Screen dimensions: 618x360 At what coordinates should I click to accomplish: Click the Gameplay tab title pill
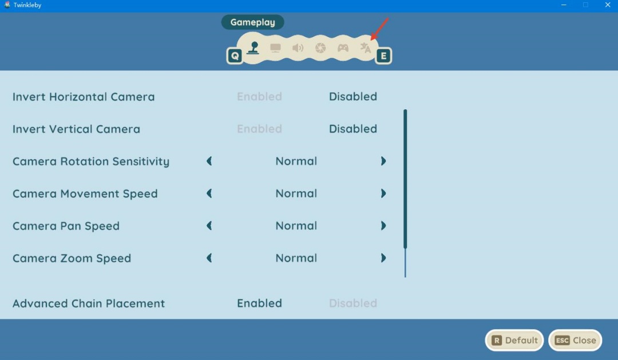(253, 22)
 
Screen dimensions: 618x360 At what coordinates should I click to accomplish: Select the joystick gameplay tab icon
(253, 48)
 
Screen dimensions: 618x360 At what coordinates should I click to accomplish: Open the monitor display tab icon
(275, 48)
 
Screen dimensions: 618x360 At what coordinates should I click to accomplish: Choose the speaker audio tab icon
(298, 48)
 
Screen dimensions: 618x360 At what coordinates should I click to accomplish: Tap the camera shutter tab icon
(320, 48)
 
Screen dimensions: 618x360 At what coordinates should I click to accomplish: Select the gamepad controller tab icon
(343, 48)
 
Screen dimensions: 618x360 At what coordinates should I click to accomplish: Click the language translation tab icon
(365, 48)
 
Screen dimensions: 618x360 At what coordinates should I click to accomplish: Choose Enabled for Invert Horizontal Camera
(259, 97)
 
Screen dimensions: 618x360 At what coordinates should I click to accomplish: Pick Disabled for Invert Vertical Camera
(353, 129)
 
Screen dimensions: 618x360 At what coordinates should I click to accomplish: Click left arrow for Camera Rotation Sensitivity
(209, 161)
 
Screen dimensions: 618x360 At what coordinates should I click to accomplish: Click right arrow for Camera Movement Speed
(383, 193)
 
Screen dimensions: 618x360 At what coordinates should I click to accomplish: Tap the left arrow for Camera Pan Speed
(209, 226)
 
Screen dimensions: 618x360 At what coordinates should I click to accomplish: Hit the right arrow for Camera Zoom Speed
(383, 258)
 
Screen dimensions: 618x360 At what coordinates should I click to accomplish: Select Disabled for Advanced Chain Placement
(353, 303)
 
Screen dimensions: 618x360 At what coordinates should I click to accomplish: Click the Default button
(514, 341)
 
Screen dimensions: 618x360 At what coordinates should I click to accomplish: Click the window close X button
(607, 5)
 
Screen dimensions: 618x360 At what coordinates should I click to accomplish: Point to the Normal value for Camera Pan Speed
(296, 226)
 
